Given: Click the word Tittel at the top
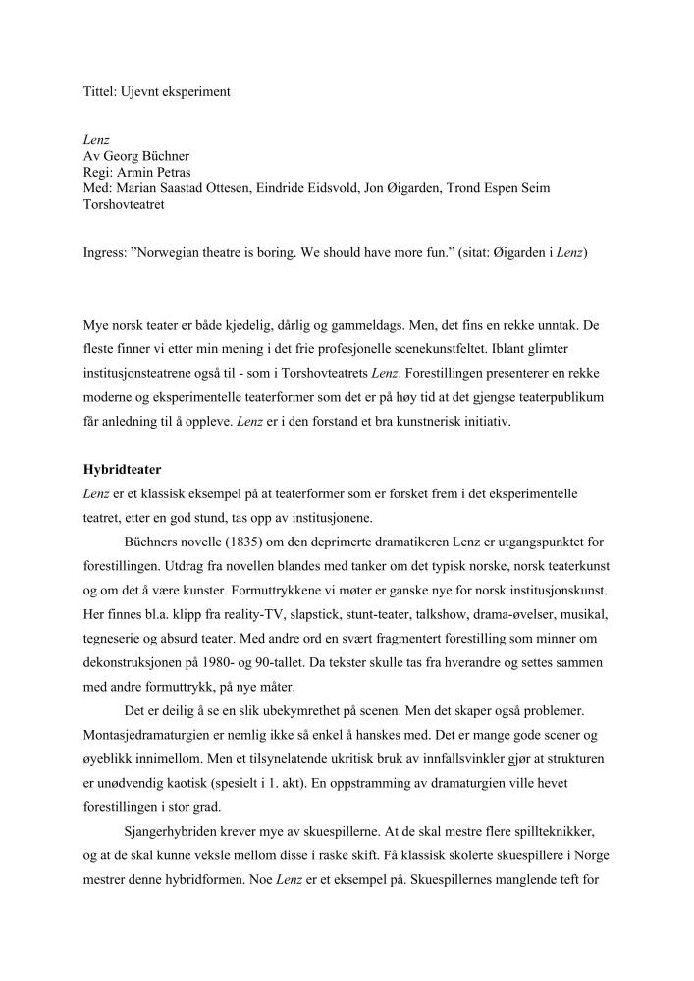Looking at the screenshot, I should point(98,91).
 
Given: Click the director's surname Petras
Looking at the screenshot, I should point(170,171).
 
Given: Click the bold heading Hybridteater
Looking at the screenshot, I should point(123,470).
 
